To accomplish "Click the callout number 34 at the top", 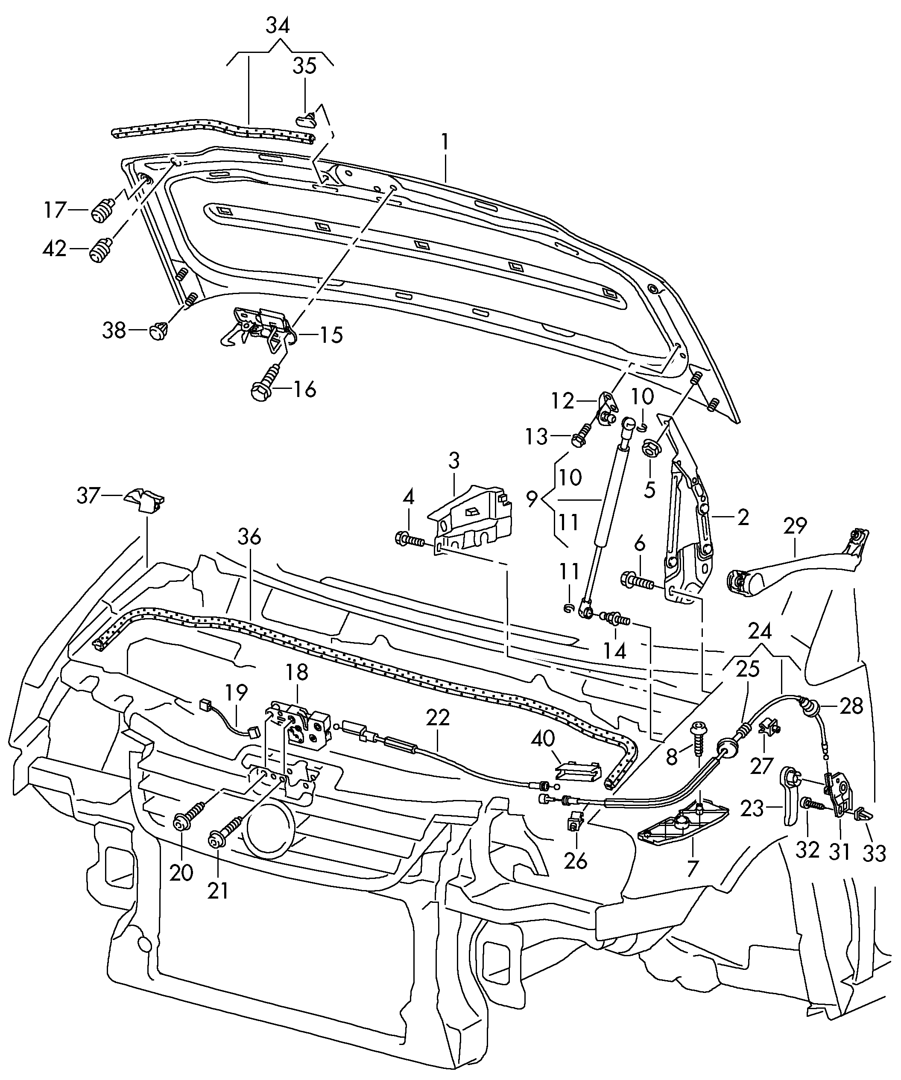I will coord(278,25).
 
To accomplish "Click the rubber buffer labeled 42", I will coord(101,251).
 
